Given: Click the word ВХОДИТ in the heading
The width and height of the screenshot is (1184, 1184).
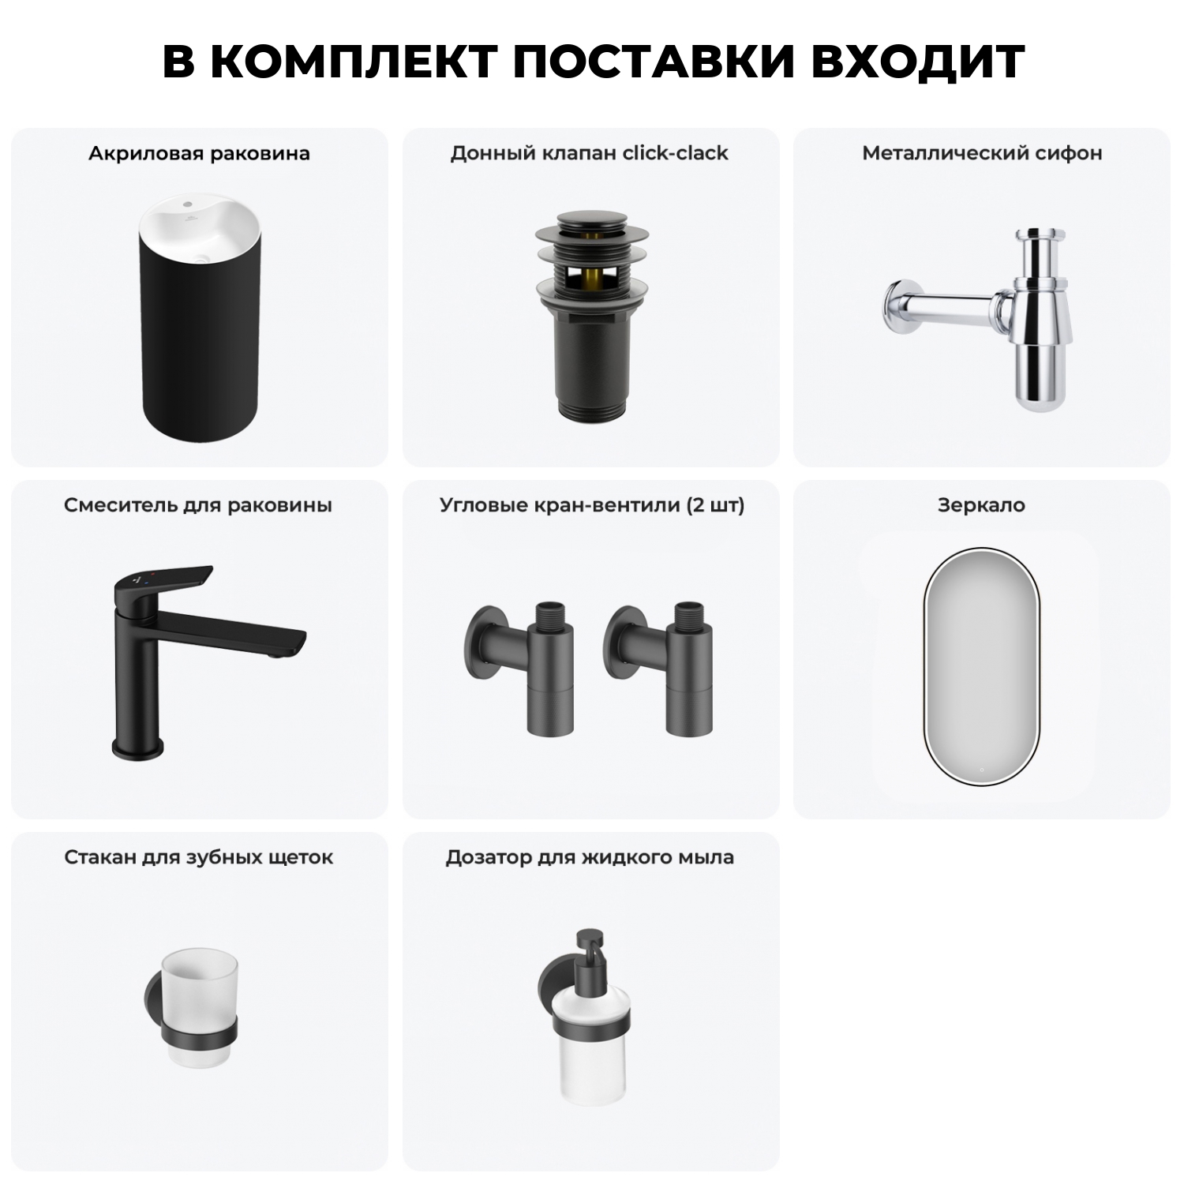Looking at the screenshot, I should click(917, 62).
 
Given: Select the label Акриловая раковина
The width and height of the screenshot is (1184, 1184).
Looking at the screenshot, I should click(199, 153).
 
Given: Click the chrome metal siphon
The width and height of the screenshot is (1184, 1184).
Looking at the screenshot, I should click(1042, 316).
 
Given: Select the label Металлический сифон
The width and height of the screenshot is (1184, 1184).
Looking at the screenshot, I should click(982, 153).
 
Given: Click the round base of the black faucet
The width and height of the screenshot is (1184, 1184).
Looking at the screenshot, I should click(137, 746).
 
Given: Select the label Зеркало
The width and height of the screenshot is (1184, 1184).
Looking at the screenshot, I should click(982, 505).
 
